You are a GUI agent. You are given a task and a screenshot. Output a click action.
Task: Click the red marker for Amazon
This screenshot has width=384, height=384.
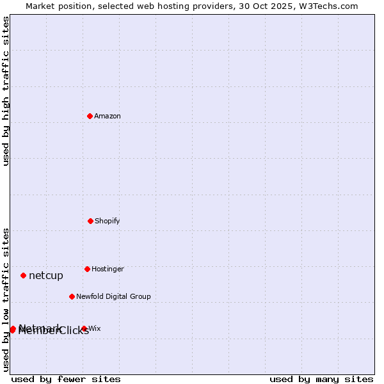90,116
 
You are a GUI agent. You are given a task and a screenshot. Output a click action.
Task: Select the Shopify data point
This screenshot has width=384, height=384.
90,221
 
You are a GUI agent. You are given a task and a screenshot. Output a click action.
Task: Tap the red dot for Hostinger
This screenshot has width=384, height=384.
87,269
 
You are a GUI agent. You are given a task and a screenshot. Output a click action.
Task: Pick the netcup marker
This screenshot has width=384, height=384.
23,275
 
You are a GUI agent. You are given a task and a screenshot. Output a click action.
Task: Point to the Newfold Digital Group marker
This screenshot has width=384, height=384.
72,296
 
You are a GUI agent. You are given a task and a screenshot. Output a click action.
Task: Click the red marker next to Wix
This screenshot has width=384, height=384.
84,328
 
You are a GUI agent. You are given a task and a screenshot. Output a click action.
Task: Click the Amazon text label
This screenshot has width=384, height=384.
108,116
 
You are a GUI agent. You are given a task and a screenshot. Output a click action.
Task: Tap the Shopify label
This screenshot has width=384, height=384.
108,221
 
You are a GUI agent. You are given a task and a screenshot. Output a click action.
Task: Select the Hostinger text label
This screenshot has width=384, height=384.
108,269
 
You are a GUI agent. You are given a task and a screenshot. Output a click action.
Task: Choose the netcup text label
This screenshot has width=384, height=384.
46,276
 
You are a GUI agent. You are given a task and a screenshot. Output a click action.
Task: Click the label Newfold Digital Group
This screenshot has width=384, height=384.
113,296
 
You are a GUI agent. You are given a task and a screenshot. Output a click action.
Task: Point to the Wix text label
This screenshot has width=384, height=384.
95,328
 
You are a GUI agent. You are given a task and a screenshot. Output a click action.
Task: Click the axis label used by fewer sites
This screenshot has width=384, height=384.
66,379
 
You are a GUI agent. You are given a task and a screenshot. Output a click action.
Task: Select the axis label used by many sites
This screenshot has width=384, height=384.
321,379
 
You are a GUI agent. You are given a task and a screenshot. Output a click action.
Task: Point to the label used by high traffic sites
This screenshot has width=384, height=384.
6,91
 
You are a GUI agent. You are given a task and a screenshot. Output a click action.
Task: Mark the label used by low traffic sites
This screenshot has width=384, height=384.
6,299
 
